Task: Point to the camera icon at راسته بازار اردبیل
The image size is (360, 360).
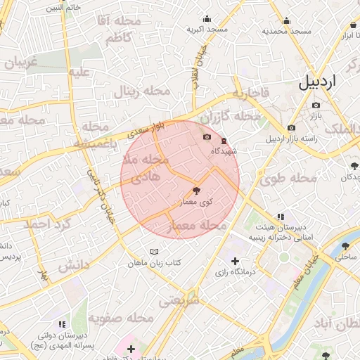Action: click(291, 128)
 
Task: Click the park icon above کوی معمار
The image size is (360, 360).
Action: click(196, 191)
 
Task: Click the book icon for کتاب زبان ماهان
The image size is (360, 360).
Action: click(155, 252)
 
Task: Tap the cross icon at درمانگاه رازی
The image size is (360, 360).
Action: click(235, 262)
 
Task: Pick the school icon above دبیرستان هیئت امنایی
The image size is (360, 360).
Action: click(281, 217)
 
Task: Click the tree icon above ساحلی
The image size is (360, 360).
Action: click(345, 246)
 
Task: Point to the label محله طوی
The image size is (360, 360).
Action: click(282, 179)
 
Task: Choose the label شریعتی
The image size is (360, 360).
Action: click(179, 301)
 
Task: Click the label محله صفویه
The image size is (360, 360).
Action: click(120, 319)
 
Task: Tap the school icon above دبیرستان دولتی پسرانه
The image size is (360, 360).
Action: click(63, 324)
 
